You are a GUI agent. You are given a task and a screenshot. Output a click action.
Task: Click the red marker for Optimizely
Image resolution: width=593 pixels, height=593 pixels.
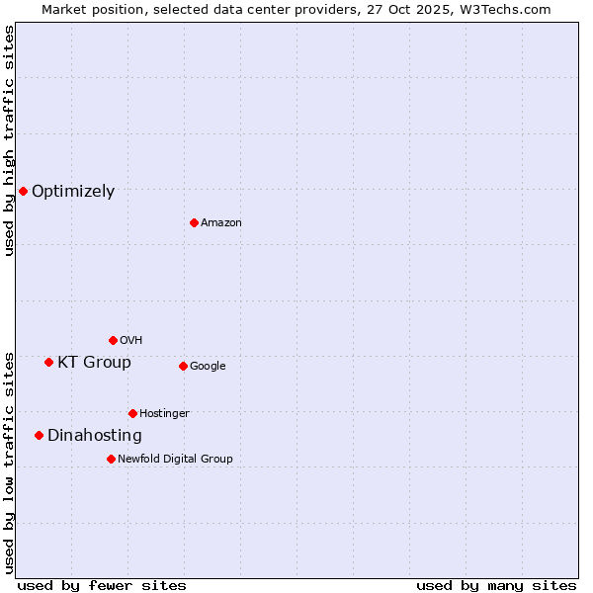(23, 191)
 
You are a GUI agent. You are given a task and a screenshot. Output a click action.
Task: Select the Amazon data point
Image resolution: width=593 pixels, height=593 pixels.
(194, 222)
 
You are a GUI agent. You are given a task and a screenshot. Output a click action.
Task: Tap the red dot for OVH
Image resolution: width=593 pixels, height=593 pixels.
(113, 340)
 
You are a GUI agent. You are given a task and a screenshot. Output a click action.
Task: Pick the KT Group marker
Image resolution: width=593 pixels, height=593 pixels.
(48, 362)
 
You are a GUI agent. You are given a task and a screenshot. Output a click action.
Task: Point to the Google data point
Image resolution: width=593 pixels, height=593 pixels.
(183, 366)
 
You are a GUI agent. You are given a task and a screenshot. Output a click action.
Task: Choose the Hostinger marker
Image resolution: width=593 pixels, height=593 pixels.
(132, 413)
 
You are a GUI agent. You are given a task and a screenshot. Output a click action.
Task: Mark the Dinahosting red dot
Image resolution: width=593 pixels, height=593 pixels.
(39, 435)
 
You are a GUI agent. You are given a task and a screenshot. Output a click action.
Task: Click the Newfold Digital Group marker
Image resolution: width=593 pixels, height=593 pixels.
(111, 459)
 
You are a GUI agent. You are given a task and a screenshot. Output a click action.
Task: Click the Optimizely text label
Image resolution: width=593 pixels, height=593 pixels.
(73, 192)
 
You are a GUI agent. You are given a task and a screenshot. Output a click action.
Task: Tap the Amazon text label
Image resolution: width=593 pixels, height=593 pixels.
(221, 223)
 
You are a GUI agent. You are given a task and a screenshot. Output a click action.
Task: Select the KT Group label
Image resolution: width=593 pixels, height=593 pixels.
(94, 363)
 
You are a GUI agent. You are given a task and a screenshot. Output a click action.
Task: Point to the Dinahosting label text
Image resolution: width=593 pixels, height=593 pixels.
(95, 436)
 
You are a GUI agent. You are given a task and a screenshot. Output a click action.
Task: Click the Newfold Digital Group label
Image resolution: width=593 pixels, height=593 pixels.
(175, 459)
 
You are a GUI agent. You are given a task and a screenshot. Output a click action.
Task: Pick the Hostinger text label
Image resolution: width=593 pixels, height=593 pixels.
(164, 413)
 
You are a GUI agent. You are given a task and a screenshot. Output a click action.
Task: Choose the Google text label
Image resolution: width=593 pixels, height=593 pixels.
(208, 367)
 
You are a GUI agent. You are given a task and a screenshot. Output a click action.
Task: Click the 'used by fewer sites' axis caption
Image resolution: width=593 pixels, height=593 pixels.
(102, 585)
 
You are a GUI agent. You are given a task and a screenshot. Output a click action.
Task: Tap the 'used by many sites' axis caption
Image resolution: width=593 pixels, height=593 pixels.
(496, 585)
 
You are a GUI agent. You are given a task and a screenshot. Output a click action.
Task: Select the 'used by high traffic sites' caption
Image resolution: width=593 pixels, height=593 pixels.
(10, 140)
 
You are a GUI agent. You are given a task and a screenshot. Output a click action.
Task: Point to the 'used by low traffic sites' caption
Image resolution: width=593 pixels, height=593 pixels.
(10, 463)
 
